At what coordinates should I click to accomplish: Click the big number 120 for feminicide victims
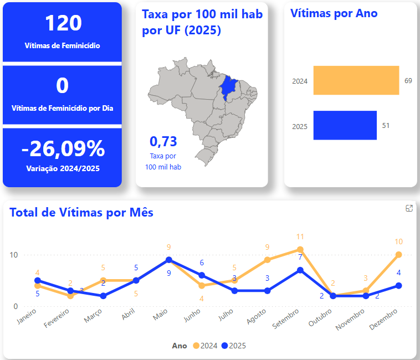coord(63,23)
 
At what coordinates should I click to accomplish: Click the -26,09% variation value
coord(63,149)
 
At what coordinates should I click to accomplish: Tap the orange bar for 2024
coord(356,80)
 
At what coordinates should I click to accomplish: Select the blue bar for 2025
coord(345,125)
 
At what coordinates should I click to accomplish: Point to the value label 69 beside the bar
coord(408,81)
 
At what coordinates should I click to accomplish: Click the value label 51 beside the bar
coord(386,126)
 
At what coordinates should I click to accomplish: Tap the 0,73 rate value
coord(163,141)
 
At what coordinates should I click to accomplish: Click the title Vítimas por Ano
coord(334,13)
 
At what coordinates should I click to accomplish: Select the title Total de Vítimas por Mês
coord(81,212)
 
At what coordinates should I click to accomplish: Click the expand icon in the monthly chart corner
coord(409,208)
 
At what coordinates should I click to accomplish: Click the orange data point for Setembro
coord(300,249)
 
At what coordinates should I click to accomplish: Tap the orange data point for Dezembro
coord(398,255)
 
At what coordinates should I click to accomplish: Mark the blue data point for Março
coord(103,296)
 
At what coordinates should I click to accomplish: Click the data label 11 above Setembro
coord(300,237)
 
